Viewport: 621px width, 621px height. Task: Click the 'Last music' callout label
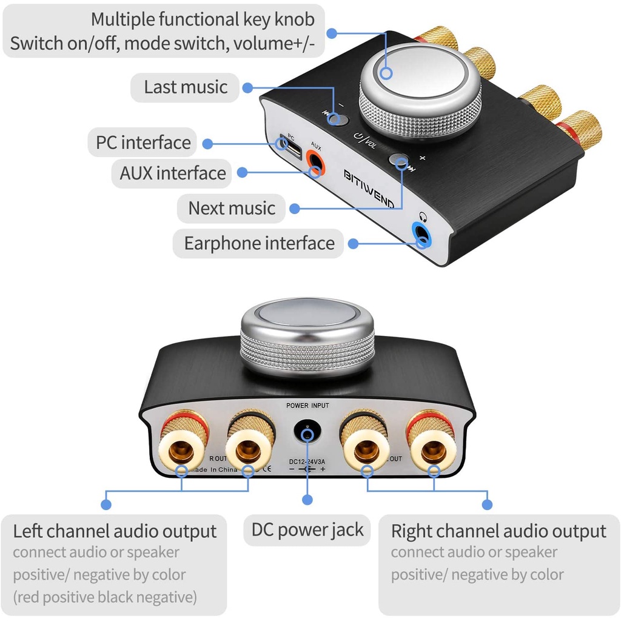[x=186, y=87]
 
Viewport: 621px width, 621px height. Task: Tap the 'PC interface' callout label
[x=143, y=143]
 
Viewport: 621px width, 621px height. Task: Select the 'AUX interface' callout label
[x=173, y=173]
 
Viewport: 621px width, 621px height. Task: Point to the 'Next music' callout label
[x=232, y=208]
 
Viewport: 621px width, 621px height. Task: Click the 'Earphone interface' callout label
[x=259, y=243]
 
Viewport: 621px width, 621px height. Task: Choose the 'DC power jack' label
[x=307, y=529]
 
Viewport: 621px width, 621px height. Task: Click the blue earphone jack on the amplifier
[x=421, y=233]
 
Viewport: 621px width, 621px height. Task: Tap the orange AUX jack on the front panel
[x=315, y=162]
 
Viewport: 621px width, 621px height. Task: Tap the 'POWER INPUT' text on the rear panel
[x=307, y=405]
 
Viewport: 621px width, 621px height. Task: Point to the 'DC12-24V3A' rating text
[x=307, y=460]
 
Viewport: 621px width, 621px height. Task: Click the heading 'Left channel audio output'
[x=115, y=531]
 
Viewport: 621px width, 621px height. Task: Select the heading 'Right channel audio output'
[x=498, y=531]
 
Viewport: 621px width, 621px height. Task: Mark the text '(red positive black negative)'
[x=105, y=597]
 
